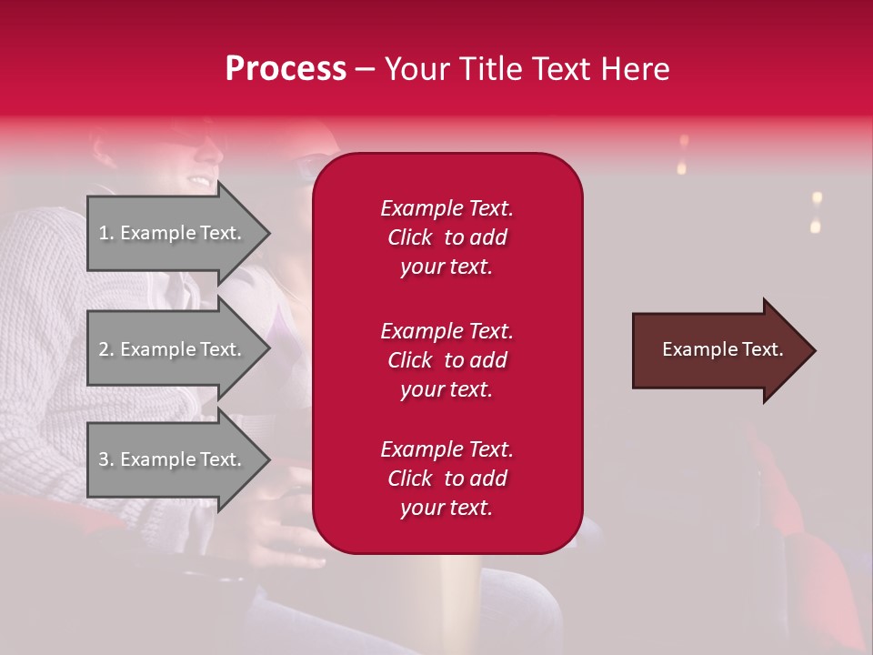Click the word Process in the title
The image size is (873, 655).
[286, 69]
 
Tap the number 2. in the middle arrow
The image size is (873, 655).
[106, 349]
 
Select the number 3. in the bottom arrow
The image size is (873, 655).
[106, 459]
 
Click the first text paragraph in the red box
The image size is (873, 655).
[447, 237]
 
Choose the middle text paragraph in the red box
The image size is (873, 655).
[447, 360]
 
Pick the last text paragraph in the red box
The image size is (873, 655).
[447, 479]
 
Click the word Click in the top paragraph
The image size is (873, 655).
[410, 237]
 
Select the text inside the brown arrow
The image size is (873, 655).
[722, 349]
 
